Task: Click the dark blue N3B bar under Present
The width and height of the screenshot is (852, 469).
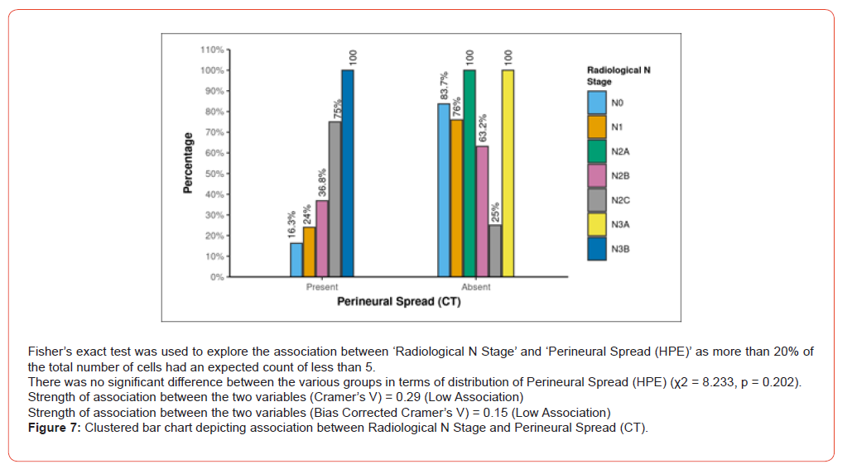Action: [348, 174]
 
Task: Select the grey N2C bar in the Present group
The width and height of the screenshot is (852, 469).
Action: [335, 199]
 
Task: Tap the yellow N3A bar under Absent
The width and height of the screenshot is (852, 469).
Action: [508, 174]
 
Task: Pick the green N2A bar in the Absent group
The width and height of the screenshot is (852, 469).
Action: [469, 174]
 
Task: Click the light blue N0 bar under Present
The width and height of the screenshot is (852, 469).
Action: [296, 260]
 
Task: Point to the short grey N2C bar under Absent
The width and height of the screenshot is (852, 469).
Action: [495, 251]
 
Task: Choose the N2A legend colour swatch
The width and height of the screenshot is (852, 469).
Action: [597, 151]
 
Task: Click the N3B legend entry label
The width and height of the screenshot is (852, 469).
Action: [621, 248]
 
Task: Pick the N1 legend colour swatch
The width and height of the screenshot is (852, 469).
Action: [597, 127]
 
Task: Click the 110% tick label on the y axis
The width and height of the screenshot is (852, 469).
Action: [212, 50]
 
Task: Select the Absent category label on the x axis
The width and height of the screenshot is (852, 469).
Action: [476, 287]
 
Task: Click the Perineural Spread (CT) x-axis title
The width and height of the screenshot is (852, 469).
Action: [399, 302]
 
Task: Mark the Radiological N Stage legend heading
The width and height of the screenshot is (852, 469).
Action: [619, 76]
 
